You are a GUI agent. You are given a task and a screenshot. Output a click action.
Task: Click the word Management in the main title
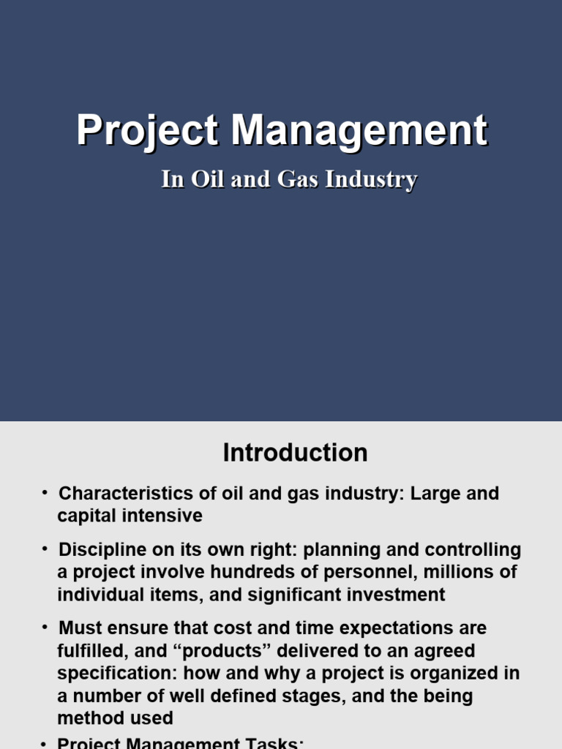pyautogui.click(x=359, y=132)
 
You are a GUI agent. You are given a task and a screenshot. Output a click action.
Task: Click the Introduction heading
pyautogui.click(x=295, y=453)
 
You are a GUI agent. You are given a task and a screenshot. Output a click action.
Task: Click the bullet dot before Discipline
pyautogui.click(x=45, y=549)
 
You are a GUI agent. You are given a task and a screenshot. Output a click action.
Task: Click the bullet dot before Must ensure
pyautogui.click(x=45, y=628)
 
